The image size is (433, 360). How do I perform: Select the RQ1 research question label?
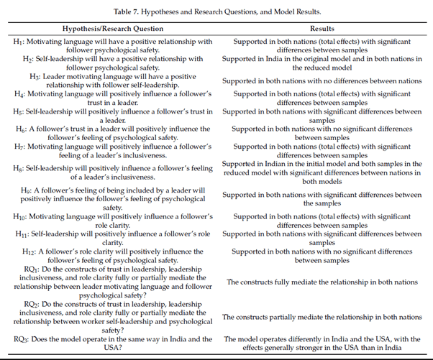click(x=22, y=268)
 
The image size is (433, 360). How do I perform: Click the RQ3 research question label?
click(x=22, y=339)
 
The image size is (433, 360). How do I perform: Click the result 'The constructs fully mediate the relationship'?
click(x=322, y=282)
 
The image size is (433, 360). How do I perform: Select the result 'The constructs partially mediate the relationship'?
click(x=322, y=317)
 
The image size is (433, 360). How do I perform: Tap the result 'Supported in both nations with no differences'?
click(x=322, y=80)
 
